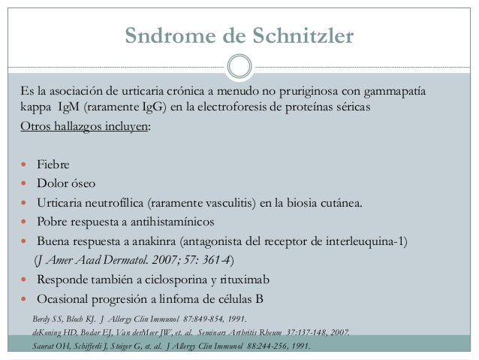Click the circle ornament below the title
(239, 65)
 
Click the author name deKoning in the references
(50, 331)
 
